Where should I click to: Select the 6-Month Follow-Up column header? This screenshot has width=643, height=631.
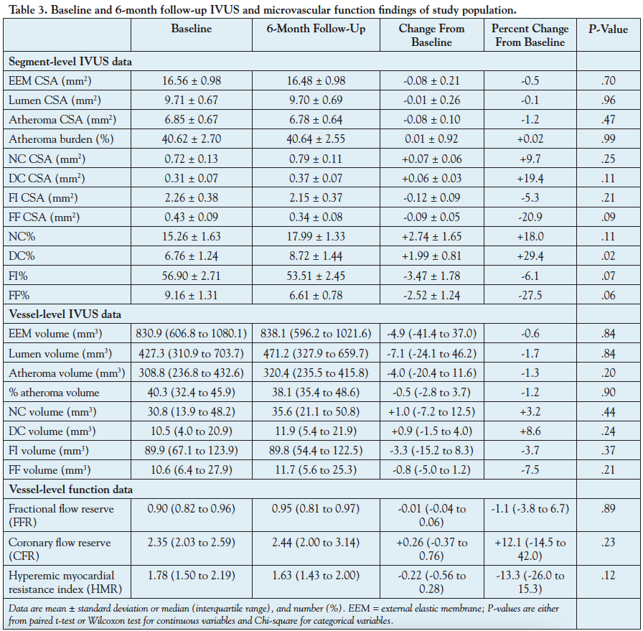click(x=316, y=29)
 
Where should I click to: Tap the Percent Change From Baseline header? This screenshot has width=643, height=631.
click(x=530, y=35)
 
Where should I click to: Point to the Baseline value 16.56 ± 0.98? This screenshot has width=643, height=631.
click(x=192, y=80)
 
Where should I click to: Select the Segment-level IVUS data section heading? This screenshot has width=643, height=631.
click(x=70, y=61)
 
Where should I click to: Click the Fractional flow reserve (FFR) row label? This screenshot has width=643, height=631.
click(x=60, y=515)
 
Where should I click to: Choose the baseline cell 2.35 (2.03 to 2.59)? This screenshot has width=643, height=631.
click(x=192, y=543)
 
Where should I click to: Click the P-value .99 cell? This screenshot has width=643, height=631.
click(x=608, y=138)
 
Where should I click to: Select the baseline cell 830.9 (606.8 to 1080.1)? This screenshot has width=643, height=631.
click(x=192, y=333)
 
